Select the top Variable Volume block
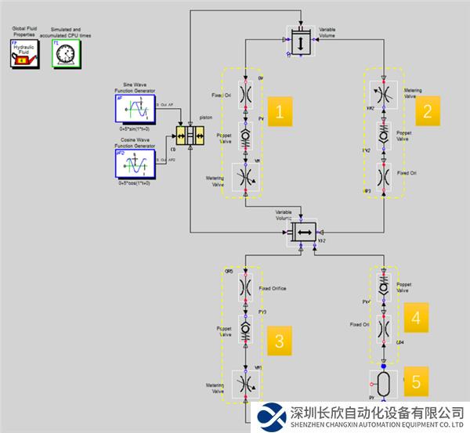tap(301, 41)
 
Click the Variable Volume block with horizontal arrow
tap(302, 232)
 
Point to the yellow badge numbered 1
tap(280, 112)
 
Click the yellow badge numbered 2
tap(426, 110)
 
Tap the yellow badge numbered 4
tap(416, 317)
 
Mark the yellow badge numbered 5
tap(416, 381)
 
